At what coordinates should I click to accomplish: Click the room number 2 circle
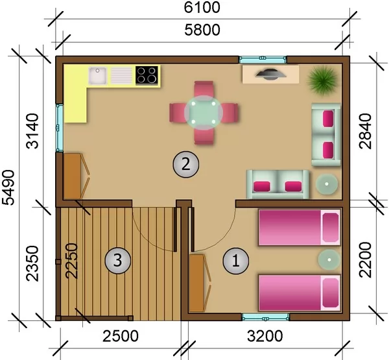click(x=186, y=164)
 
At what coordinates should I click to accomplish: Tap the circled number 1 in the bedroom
click(x=236, y=261)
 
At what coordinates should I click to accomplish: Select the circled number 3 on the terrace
click(x=117, y=261)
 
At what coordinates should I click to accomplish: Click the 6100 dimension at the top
click(x=202, y=7)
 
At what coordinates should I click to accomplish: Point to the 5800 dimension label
click(x=202, y=30)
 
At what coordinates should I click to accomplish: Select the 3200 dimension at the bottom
click(x=265, y=336)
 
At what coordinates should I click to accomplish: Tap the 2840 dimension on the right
click(x=365, y=131)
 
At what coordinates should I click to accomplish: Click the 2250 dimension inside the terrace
click(x=71, y=261)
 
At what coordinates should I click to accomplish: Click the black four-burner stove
click(x=147, y=75)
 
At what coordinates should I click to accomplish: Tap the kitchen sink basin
click(x=97, y=75)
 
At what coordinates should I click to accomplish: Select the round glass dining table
click(x=204, y=113)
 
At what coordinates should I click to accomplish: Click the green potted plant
click(x=323, y=80)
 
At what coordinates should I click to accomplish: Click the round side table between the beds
click(x=329, y=259)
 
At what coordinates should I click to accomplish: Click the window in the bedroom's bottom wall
click(x=265, y=317)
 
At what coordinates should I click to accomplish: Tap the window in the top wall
click(x=263, y=60)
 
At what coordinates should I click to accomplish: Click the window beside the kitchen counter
click(x=59, y=128)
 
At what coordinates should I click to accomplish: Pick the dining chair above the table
click(x=204, y=88)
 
